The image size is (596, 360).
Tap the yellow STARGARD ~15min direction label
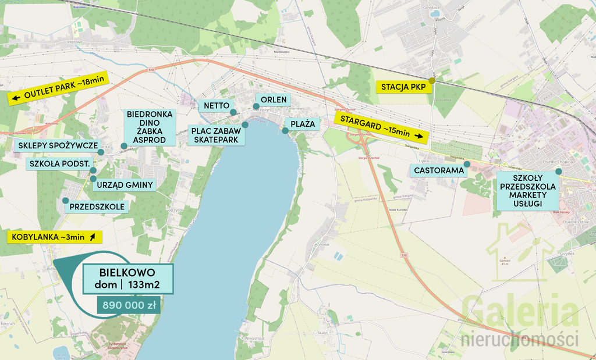(382, 127)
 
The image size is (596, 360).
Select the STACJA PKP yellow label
(404, 87)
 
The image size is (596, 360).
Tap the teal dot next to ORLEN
(256, 106)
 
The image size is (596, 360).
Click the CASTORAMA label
(439, 170)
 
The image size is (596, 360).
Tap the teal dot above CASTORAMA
(467, 164)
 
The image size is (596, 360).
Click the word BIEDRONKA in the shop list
(150, 115)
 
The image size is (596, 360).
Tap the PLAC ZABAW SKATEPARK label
(215, 136)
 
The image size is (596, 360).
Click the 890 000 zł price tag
(129, 305)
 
